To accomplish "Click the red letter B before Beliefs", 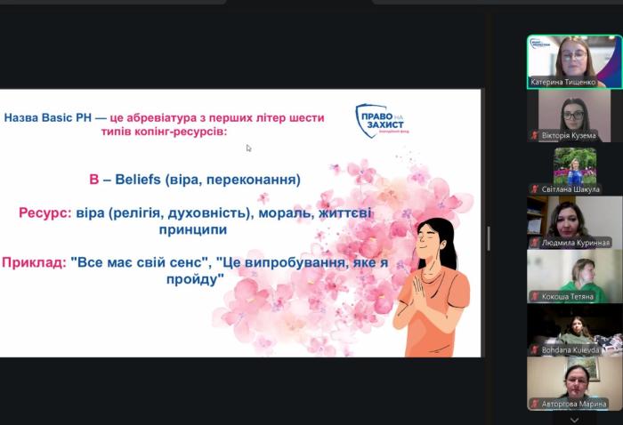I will point(93,180).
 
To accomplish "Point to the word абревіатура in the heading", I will point(173,117).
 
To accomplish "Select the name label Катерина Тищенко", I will point(564,82).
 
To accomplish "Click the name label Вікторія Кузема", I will point(568,135).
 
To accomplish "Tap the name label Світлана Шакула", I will point(570,188).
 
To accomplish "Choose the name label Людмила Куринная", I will point(575,242).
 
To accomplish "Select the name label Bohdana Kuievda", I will point(570,349).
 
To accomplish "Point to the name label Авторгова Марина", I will point(573,404).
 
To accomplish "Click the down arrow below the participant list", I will point(574,419).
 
